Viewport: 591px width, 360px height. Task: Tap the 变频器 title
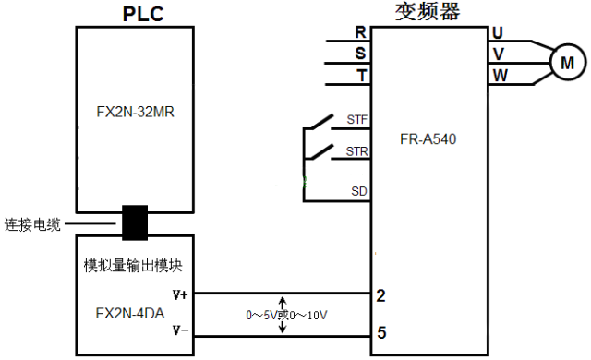click(x=428, y=12)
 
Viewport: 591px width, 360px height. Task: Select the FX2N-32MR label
click(x=136, y=114)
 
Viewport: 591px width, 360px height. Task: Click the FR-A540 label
click(x=428, y=140)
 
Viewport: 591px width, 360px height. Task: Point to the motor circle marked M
click(x=567, y=63)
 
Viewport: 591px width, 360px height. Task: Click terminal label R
click(x=360, y=32)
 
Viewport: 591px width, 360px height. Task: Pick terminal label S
click(x=360, y=53)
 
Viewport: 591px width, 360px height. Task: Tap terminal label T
click(x=360, y=74)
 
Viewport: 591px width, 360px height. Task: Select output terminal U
click(x=499, y=32)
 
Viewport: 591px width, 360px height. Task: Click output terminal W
click(x=500, y=74)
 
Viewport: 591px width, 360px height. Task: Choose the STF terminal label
click(x=356, y=120)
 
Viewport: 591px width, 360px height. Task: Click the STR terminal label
click(x=356, y=150)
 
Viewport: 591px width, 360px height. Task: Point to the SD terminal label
click(x=358, y=191)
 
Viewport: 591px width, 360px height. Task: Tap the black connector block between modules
click(x=136, y=222)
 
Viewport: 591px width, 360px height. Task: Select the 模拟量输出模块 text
click(x=133, y=265)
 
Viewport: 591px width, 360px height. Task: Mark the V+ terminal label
click(x=181, y=295)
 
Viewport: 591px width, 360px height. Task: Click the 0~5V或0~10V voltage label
click(x=287, y=315)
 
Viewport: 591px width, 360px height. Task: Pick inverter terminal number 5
click(x=380, y=331)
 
